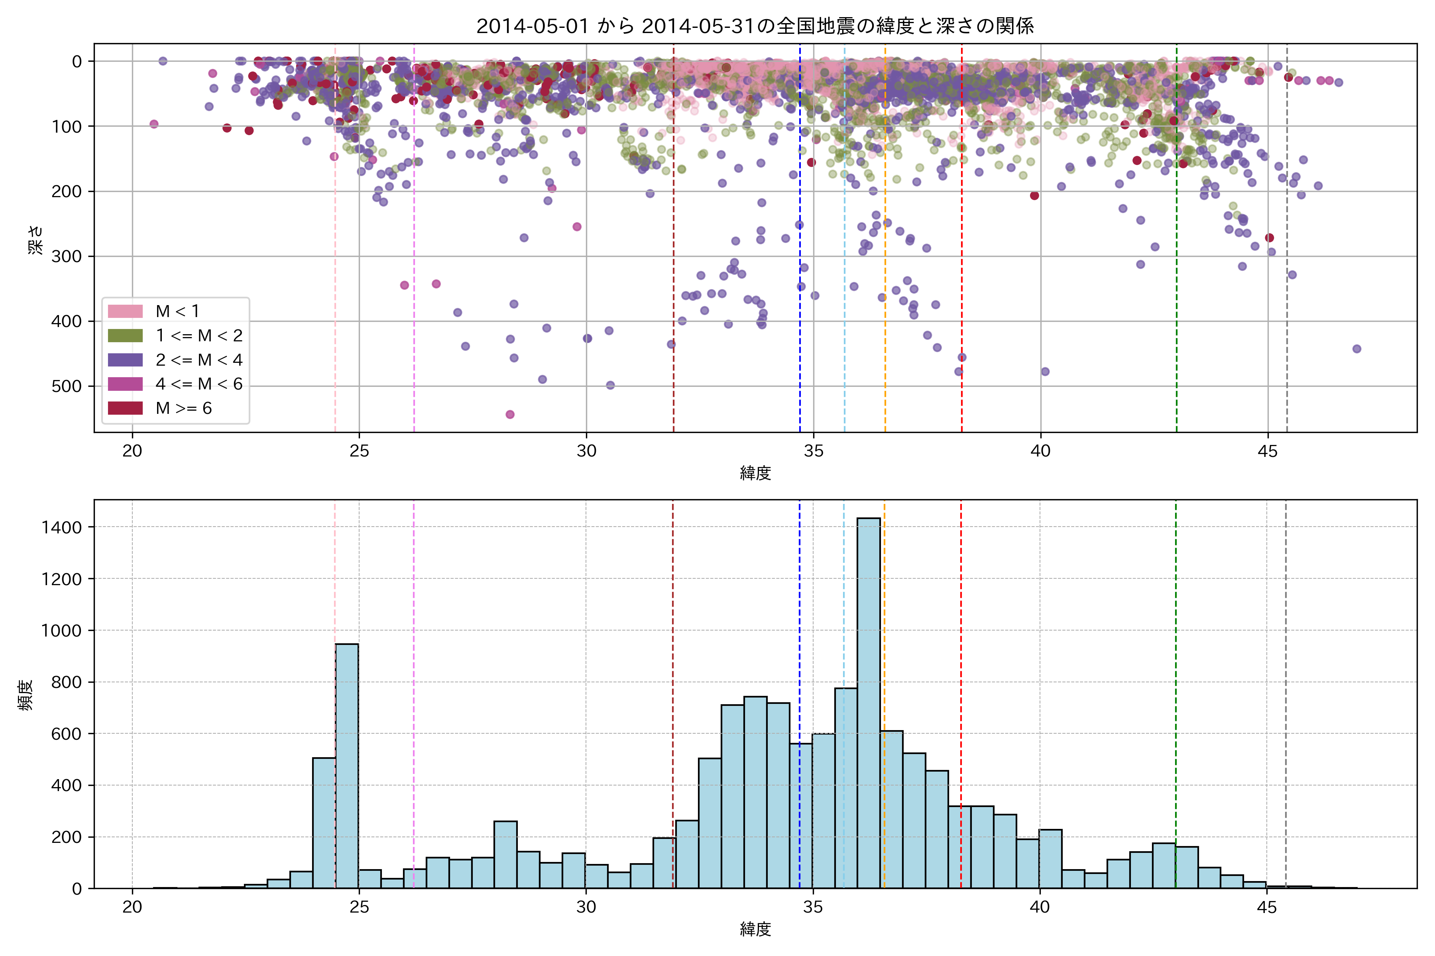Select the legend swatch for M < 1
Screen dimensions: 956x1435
(x=125, y=311)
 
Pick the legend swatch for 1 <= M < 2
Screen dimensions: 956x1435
(x=125, y=335)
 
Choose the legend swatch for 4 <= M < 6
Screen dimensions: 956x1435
(x=125, y=384)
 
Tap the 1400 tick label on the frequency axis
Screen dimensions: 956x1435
(x=61, y=527)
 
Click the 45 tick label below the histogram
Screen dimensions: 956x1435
(x=1267, y=908)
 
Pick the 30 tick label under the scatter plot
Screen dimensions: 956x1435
(x=586, y=452)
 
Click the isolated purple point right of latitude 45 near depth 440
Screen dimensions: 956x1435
(x=1356, y=349)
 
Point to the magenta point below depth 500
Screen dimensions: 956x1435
(x=510, y=415)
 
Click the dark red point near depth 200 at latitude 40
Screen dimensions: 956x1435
(x=1034, y=196)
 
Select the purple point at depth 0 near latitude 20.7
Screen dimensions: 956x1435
(x=163, y=61)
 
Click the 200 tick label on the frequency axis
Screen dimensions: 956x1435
(x=66, y=838)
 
